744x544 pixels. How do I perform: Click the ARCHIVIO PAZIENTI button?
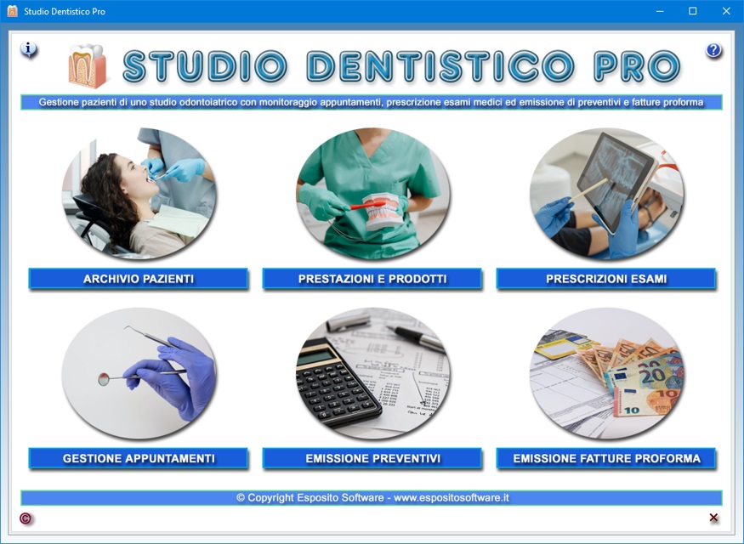pos(138,279)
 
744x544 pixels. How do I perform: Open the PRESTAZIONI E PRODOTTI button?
pos(372,279)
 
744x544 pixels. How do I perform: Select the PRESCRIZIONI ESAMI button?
pos(606,279)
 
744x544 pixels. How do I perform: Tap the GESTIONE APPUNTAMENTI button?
pos(138,458)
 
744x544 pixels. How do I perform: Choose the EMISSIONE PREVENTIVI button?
pos(372,458)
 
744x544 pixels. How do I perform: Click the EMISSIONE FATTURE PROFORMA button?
pos(606,458)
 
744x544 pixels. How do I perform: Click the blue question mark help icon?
pos(713,50)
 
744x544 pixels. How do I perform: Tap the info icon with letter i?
pos(28,48)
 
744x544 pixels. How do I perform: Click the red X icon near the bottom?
pos(713,518)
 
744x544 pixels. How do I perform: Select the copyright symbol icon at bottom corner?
pos(26,518)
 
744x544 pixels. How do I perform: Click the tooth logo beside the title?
pos(88,66)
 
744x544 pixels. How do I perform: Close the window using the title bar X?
pos(726,11)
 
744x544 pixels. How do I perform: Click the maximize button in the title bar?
pos(693,11)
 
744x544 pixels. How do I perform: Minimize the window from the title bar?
pos(660,11)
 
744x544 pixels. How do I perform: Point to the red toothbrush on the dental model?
pos(367,205)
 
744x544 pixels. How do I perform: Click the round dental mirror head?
pos(104,379)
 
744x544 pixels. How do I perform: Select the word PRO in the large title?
pos(637,66)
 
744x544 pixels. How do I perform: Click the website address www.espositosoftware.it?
pos(452,497)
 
